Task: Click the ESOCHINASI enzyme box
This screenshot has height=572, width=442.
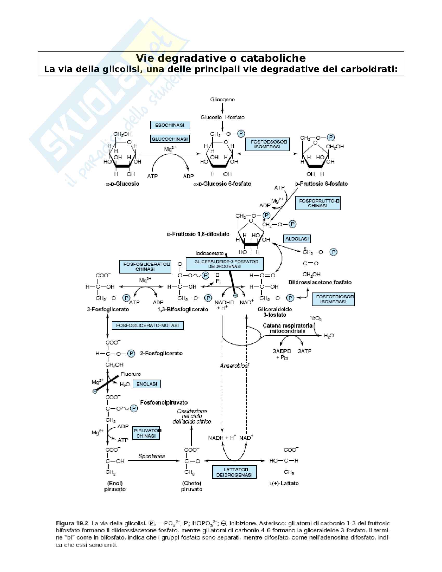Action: [x=170, y=125]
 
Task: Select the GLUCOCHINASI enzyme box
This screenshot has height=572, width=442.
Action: [x=170, y=139]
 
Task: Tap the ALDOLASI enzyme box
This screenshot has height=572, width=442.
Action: [x=297, y=239]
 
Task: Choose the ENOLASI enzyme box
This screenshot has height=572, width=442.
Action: [x=147, y=384]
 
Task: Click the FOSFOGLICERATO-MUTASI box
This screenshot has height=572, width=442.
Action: [x=148, y=326]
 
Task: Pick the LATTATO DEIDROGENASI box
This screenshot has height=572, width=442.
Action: [x=234, y=472]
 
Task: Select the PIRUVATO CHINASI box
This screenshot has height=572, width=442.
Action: [x=146, y=433]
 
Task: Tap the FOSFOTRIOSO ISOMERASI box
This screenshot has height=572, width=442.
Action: [x=333, y=299]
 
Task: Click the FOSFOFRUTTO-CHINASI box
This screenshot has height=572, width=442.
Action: [x=318, y=203]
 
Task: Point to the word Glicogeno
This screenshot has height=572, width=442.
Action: [x=222, y=100]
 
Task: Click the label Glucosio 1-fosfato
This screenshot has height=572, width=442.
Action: [x=222, y=117]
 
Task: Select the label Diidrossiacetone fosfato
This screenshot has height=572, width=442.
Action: [x=320, y=282]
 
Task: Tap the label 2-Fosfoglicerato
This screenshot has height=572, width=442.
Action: [x=161, y=353]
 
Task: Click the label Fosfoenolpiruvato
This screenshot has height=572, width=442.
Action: [x=164, y=402]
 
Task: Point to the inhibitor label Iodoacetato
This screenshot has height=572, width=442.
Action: [x=210, y=253]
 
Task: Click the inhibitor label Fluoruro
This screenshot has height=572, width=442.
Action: [x=131, y=374]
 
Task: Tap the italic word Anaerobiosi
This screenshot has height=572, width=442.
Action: [x=234, y=365]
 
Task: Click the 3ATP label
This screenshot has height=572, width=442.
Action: [x=304, y=351]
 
